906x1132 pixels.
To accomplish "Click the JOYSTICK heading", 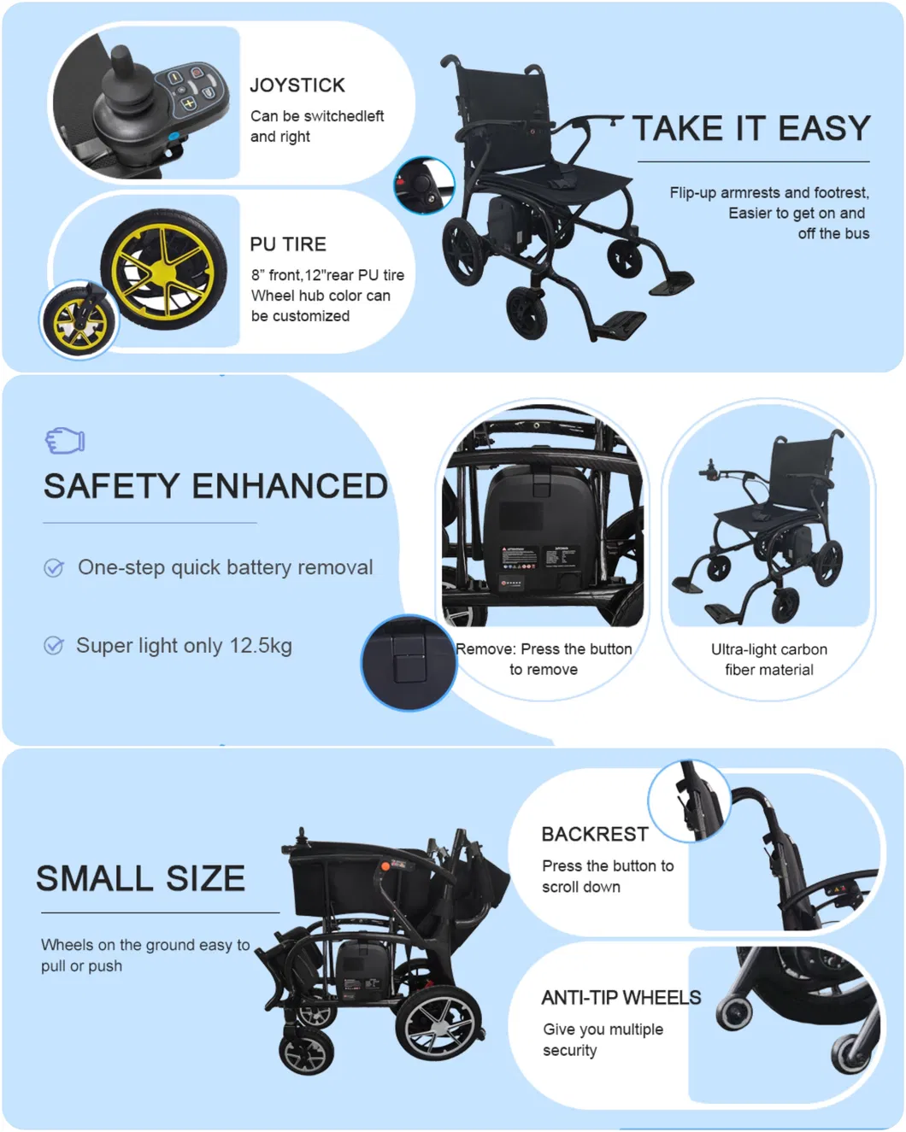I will click(x=297, y=85).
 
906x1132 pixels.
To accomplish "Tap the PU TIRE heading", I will click(x=288, y=244).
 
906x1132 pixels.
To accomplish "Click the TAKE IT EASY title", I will click(x=751, y=129).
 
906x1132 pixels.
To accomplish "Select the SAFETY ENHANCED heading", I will click(x=215, y=486).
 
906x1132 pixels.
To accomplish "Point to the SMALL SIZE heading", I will click(x=141, y=878).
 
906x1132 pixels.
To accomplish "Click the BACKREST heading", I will click(x=595, y=834).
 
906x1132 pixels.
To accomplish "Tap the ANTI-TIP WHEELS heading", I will click(x=621, y=998).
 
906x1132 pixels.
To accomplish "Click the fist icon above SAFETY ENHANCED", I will click(x=65, y=441).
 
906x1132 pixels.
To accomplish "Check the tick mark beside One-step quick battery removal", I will click(x=54, y=568).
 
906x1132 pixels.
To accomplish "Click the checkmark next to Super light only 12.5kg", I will click(x=54, y=646).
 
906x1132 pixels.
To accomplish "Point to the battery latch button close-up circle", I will click(x=409, y=663).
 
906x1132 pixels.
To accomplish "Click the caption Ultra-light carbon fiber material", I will click(x=769, y=660).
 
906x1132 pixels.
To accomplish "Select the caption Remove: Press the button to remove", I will click(x=544, y=660).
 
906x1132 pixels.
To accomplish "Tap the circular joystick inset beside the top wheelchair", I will click(x=423, y=185).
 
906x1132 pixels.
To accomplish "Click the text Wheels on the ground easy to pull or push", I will click(x=145, y=955).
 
